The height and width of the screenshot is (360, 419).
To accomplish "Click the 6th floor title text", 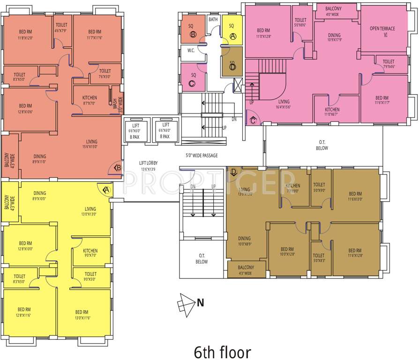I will pyautogui.click(x=222, y=352).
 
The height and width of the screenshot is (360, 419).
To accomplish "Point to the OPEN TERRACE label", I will pyautogui.click(x=382, y=31).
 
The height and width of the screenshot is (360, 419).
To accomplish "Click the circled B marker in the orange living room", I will pyautogui.click(x=117, y=167).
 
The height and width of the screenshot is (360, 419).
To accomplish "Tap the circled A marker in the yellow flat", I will pyautogui.click(x=106, y=189).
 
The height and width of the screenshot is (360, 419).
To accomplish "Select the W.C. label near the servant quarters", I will pyautogui.click(x=191, y=50).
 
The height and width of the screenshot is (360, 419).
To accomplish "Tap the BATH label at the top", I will pyautogui.click(x=213, y=20).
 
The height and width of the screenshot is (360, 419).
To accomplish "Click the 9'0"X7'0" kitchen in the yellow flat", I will pyautogui.click(x=90, y=253).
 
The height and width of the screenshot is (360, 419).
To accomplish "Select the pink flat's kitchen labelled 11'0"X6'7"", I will pyautogui.click(x=332, y=112).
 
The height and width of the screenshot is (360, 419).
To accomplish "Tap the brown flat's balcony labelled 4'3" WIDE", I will pyautogui.click(x=246, y=270).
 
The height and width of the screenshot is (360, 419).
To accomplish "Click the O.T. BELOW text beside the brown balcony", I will pyautogui.click(x=202, y=258).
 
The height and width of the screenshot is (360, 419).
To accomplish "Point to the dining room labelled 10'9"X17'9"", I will pyautogui.click(x=334, y=37).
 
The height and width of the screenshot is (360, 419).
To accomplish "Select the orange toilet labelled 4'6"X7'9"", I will pyautogui.click(x=61, y=27).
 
